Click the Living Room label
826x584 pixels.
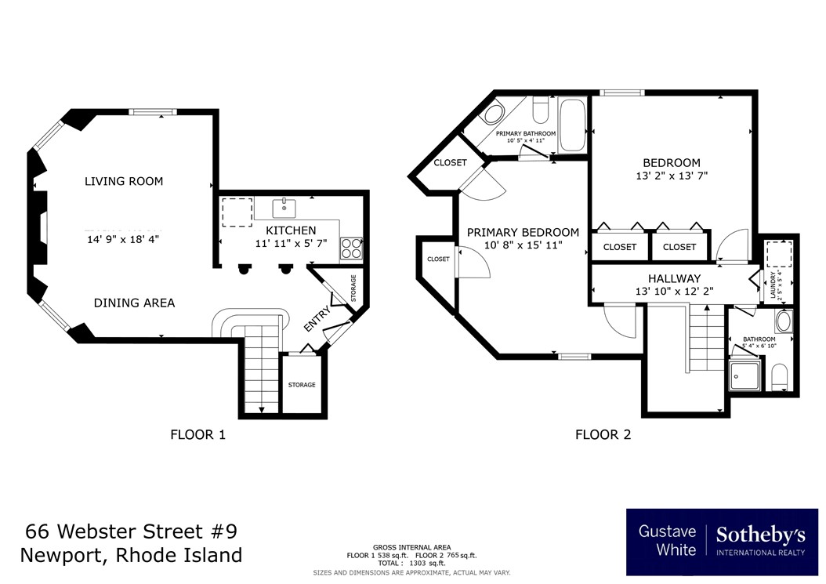tap(124, 181)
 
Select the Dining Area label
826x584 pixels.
tap(134, 303)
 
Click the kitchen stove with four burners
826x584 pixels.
tap(351, 248)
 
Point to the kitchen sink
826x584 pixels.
tap(284, 209)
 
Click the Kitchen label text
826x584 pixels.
tap(291, 230)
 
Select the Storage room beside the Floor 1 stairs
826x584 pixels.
tap(302, 384)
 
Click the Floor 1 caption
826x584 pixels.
tap(197, 434)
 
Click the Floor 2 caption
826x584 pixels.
tap(603, 434)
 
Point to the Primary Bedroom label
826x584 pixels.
tap(523, 232)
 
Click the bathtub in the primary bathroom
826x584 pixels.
tap(572, 124)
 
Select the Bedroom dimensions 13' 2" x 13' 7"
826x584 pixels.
tap(672, 176)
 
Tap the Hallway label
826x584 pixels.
tap(674, 278)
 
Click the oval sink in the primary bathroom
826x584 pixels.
tap(492, 115)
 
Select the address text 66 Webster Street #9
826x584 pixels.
tap(131, 531)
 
